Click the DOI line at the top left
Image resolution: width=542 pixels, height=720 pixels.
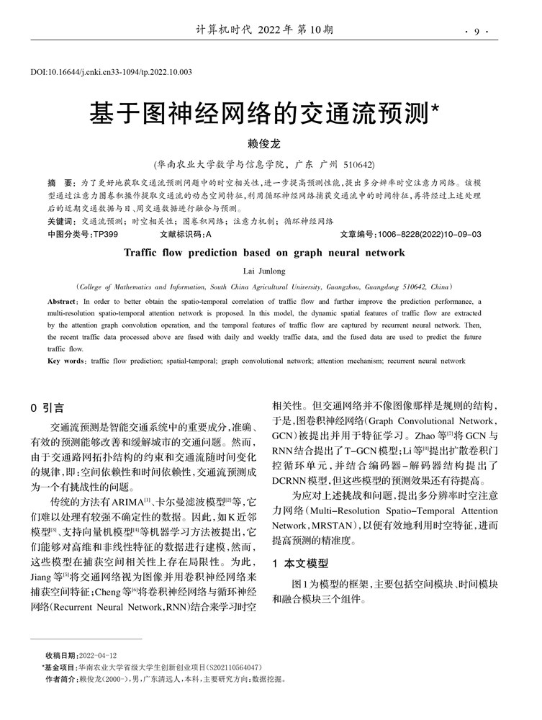coord(111,73)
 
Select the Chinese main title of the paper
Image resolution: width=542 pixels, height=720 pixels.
coord(263,112)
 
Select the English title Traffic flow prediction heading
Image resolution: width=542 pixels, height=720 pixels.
coord(264,253)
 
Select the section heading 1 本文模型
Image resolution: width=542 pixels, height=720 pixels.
coord(299,563)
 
